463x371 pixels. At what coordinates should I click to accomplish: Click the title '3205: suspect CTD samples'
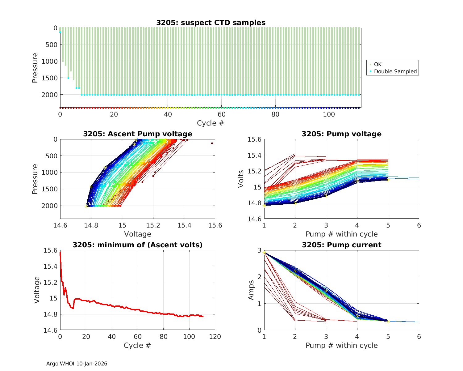[211, 23]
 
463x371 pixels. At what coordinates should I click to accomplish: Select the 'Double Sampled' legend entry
[395, 71]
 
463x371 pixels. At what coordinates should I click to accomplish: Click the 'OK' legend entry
[378, 64]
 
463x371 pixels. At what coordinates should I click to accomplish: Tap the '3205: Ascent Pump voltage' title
[138, 134]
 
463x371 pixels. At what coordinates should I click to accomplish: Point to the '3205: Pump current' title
[341, 245]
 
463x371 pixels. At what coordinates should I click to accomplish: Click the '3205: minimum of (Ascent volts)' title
[138, 245]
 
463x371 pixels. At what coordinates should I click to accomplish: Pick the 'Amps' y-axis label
[252, 290]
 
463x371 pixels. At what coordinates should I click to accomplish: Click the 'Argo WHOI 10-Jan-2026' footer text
[77, 364]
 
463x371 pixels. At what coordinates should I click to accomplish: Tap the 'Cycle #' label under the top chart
[211, 123]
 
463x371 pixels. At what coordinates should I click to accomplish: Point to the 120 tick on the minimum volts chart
[215, 337]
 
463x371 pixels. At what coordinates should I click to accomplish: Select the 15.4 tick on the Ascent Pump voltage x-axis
[184, 225]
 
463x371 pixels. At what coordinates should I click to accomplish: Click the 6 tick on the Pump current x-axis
[419, 337]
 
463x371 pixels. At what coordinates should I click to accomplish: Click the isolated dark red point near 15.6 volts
[212, 143]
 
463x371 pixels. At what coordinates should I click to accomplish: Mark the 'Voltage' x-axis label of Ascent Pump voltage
[138, 234]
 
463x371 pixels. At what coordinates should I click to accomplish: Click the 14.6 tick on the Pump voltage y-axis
[255, 219]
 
